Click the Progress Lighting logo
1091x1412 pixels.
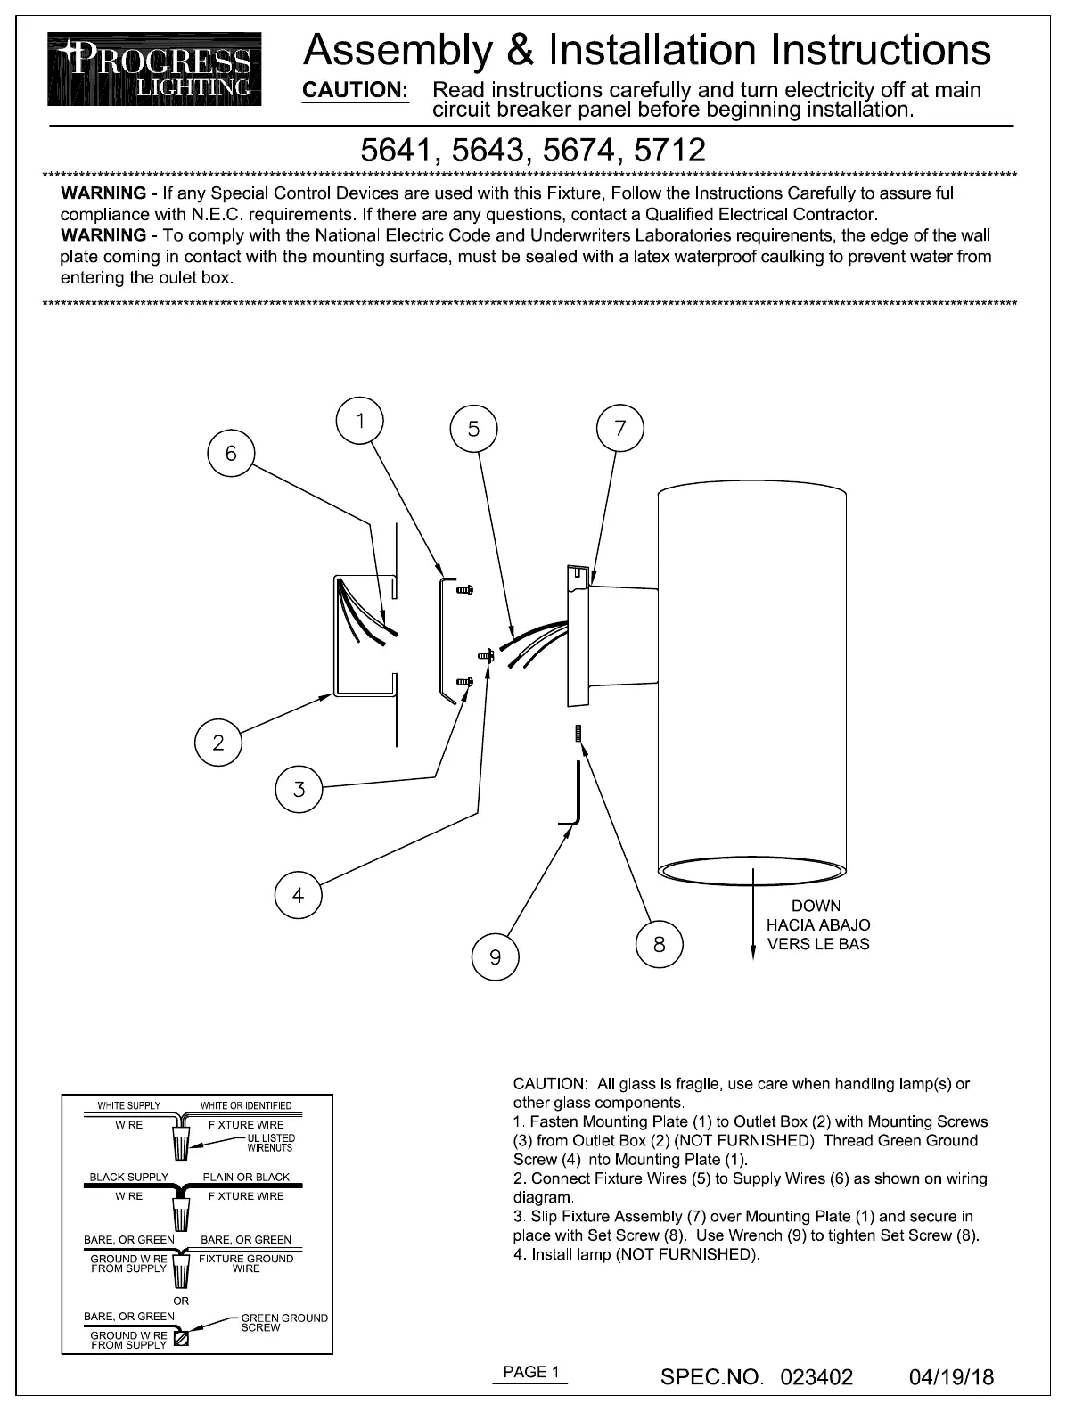153,70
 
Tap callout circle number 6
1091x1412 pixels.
231,454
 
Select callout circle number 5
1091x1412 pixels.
473,430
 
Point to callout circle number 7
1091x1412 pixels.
620,429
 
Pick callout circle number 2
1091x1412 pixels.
218,743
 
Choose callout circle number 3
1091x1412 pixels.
299,789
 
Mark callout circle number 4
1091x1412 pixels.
299,895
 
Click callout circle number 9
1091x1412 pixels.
496,957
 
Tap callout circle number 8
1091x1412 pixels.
660,944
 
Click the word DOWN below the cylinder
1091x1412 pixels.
816,906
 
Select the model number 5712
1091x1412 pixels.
669,150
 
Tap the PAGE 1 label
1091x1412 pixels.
531,1372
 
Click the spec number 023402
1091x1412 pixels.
816,1377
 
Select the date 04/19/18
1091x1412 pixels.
952,1377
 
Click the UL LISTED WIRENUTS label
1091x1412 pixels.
270,1143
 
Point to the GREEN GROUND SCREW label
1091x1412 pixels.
284,1323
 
